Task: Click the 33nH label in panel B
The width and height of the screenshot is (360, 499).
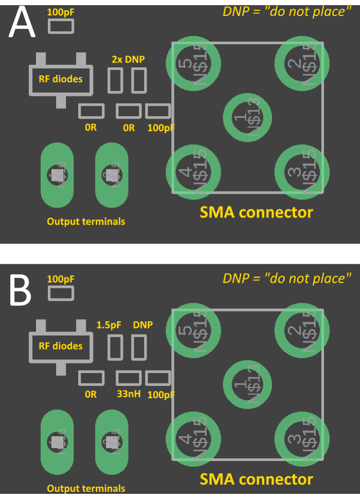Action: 129,395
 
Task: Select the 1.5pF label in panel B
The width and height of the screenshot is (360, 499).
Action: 109,325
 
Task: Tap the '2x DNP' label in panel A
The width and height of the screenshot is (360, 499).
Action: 128,59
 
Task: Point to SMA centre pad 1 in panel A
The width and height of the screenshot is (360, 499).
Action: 248,118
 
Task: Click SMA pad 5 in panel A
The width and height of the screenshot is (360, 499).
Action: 193,63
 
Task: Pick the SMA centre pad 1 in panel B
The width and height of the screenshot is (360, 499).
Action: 248,385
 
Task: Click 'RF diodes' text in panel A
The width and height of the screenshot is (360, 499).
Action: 60,79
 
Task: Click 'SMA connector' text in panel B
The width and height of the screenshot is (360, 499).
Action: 256,479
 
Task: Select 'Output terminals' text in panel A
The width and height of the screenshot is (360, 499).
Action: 86,221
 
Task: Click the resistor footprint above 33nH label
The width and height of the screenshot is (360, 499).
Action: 129,378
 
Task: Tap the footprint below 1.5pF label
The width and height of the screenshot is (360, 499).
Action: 115,347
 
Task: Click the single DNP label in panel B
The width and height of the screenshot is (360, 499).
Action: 143,325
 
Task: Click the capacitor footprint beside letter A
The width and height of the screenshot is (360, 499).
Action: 61,27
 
